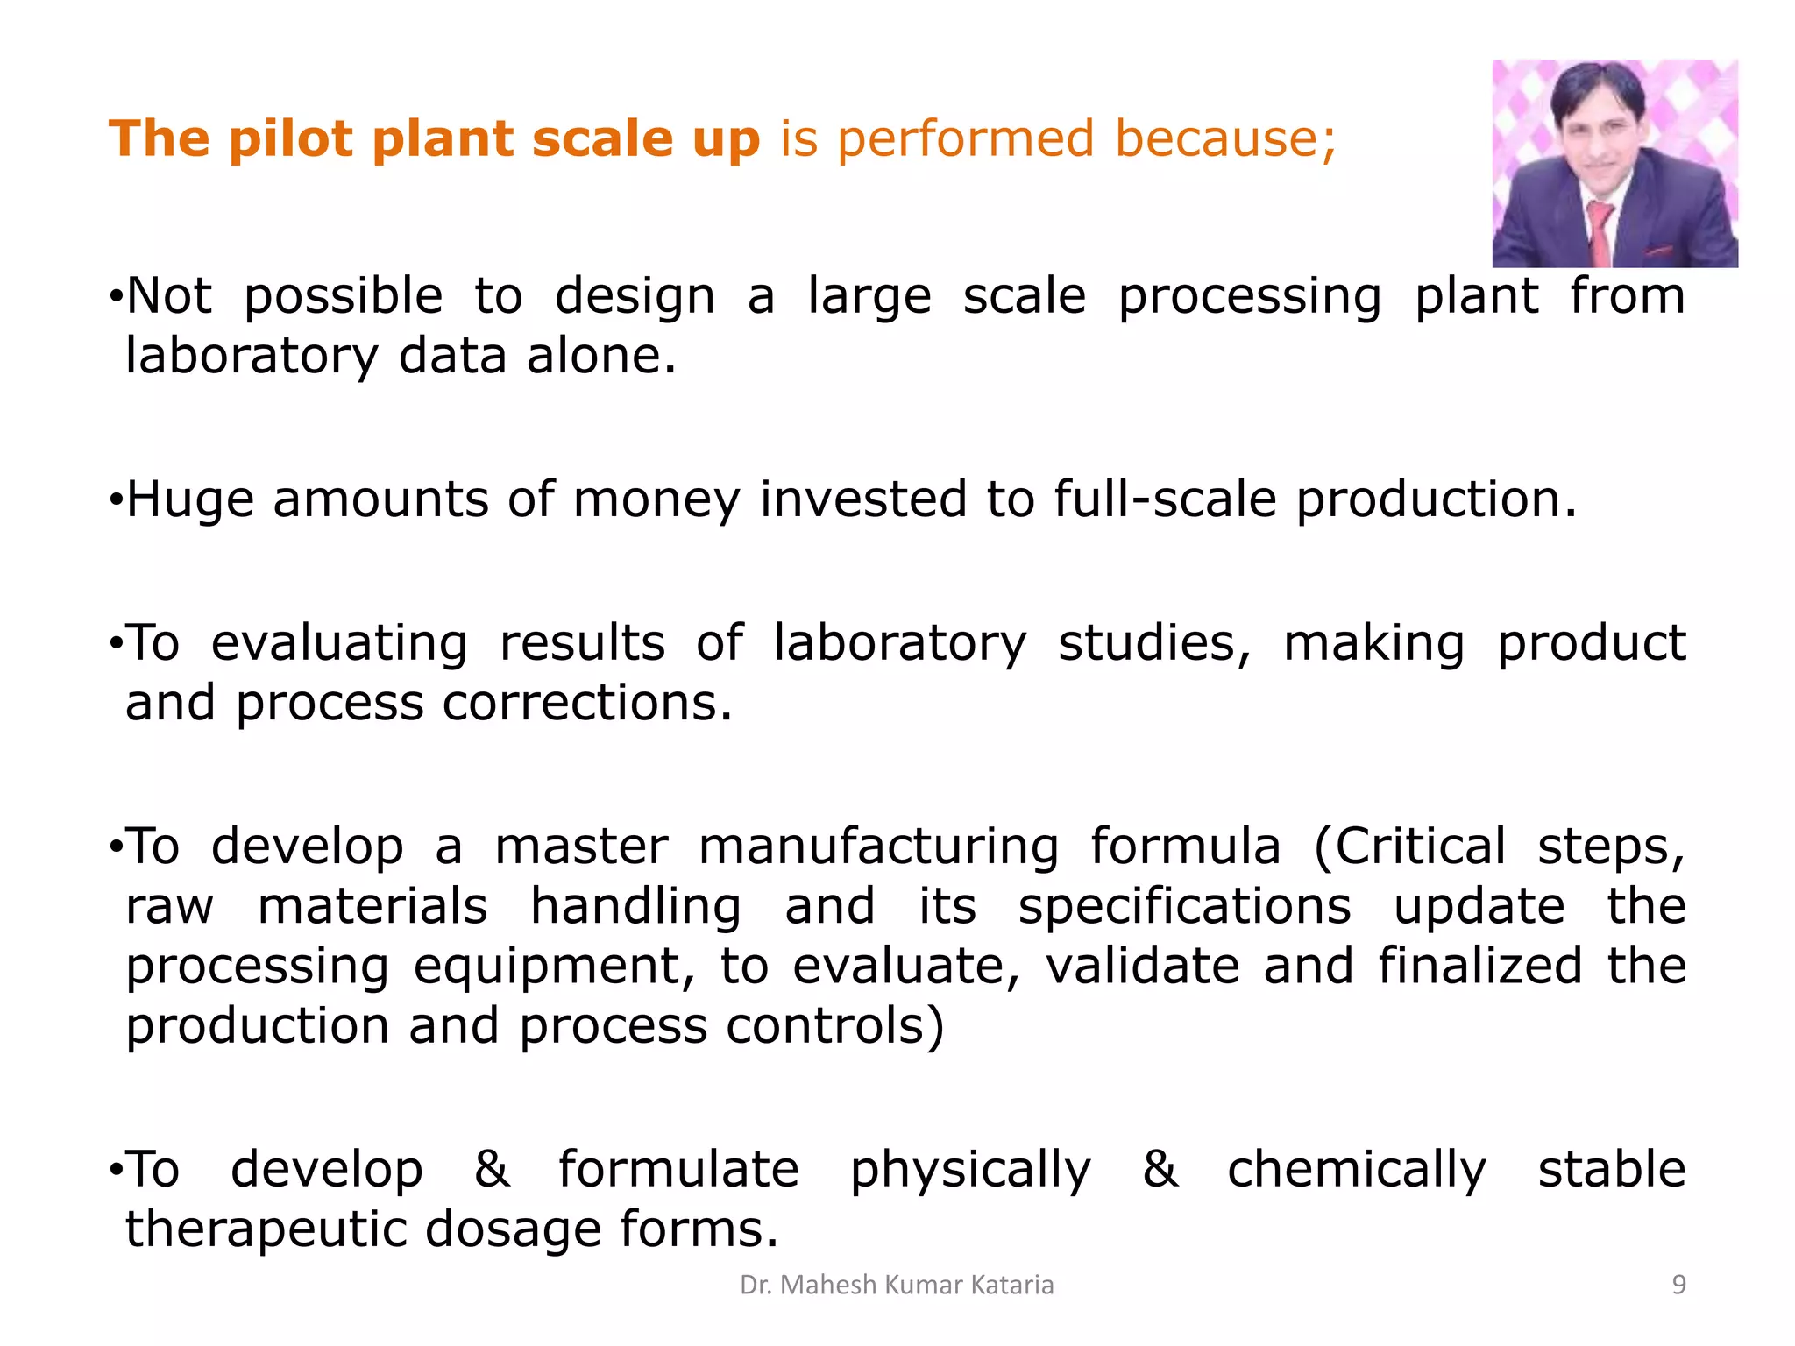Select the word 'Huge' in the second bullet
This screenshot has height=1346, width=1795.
(x=190, y=500)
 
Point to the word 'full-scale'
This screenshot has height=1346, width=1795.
(x=1165, y=500)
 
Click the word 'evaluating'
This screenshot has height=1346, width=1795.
(x=339, y=644)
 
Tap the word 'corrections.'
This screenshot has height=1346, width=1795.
(x=587, y=704)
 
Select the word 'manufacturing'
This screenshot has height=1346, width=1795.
(x=878, y=847)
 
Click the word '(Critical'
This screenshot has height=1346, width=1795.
(x=1410, y=847)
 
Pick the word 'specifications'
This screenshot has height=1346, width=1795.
(x=1184, y=907)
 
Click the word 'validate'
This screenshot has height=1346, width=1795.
(x=1142, y=967)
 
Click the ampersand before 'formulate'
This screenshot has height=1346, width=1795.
(x=492, y=1170)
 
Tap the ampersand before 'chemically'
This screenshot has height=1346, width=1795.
(x=1160, y=1170)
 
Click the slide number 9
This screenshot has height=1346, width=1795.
(x=1678, y=1285)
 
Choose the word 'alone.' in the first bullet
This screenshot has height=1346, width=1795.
(x=601, y=357)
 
